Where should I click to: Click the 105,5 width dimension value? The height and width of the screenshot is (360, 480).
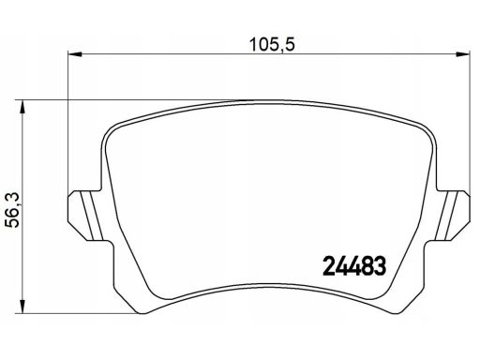click(272, 45)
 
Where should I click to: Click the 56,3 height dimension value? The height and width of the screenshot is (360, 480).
click(13, 210)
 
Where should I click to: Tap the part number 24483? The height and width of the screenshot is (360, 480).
click(354, 266)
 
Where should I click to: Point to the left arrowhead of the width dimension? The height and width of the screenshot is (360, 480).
click(75, 54)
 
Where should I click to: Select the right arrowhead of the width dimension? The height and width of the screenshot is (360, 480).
click(462, 54)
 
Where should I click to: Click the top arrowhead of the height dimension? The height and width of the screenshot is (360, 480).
click(22, 107)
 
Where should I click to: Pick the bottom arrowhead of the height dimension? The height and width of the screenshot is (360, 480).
click(22, 307)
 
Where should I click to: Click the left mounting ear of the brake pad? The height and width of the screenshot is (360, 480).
click(86, 216)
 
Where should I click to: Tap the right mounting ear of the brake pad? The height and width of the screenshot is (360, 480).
click(452, 216)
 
